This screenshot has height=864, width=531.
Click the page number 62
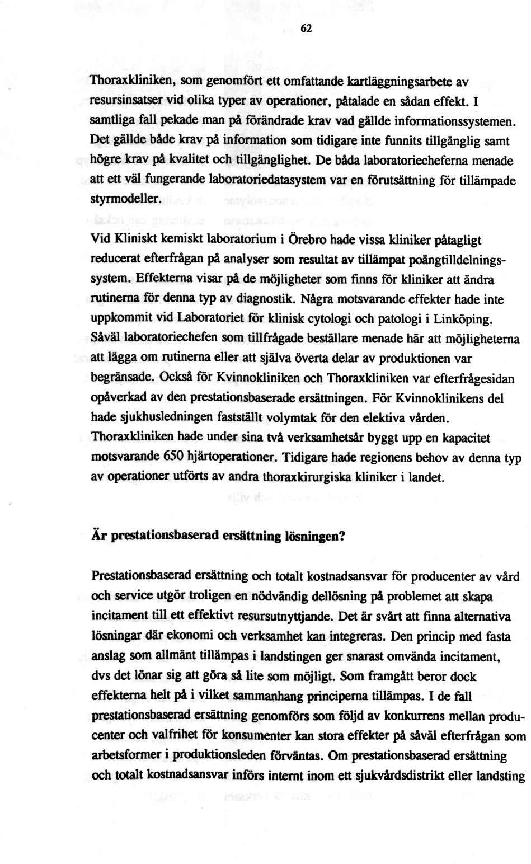click(x=305, y=30)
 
